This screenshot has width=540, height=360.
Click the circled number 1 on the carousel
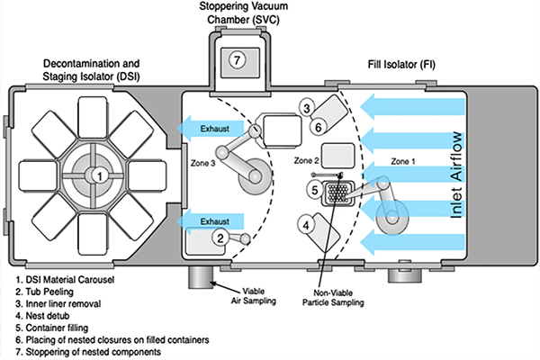click(100, 175)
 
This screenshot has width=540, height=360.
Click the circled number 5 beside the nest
click(314, 190)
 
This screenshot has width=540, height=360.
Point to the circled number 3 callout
click(307, 108)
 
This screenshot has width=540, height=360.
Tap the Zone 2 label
click(307, 160)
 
